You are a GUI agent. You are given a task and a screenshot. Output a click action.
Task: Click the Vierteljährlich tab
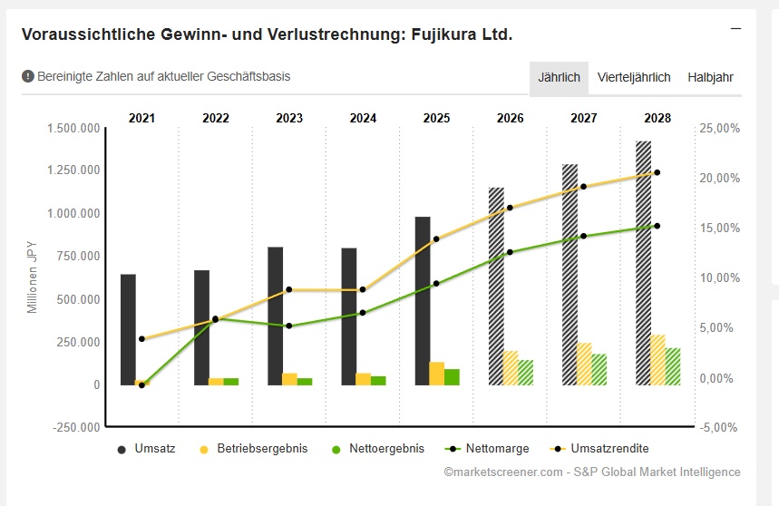634,77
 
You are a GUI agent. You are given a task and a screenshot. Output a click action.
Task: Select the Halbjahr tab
710,77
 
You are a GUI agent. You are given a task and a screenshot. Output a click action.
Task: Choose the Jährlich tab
559,77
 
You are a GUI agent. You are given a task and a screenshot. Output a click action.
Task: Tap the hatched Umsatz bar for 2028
643,263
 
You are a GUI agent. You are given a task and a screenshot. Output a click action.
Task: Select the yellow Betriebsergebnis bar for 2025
436,374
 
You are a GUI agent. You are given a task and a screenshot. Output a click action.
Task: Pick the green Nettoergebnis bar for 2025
452,377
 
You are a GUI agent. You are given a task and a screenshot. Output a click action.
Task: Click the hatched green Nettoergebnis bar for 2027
599,369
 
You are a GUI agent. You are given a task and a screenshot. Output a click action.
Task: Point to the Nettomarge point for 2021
141,385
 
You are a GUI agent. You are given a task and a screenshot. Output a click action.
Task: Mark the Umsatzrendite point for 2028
657,172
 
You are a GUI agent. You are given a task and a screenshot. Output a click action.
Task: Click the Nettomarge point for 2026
510,252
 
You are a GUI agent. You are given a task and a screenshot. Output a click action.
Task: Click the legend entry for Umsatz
146,449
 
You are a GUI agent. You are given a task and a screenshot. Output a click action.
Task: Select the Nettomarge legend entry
484,449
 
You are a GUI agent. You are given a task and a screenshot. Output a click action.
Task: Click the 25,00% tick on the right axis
720,129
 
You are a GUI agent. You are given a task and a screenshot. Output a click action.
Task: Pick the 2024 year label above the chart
363,118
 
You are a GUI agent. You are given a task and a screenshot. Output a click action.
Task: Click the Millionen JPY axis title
32,275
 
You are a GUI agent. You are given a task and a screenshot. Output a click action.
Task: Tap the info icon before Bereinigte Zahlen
28,76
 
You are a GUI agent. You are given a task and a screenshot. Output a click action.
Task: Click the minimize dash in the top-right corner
736,28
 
